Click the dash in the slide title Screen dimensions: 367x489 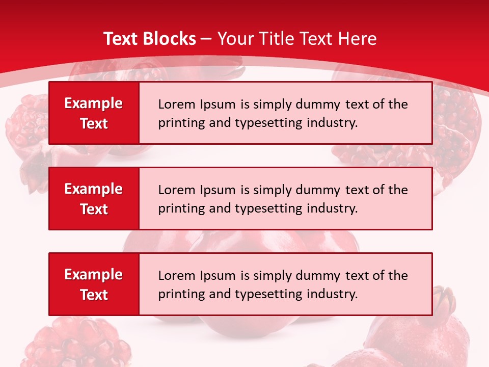click(x=206, y=39)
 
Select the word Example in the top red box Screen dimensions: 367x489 click(x=94, y=103)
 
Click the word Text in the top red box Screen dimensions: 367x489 click(x=94, y=123)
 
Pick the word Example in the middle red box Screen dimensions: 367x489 click(x=94, y=189)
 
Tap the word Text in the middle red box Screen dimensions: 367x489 click(x=94, y=209)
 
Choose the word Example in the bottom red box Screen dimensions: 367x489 click(x=94, y=275)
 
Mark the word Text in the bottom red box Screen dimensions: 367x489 click(x=94, y=295)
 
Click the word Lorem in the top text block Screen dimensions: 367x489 click(x=174, y=104)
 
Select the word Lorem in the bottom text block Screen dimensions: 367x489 click(x=174, y=276)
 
